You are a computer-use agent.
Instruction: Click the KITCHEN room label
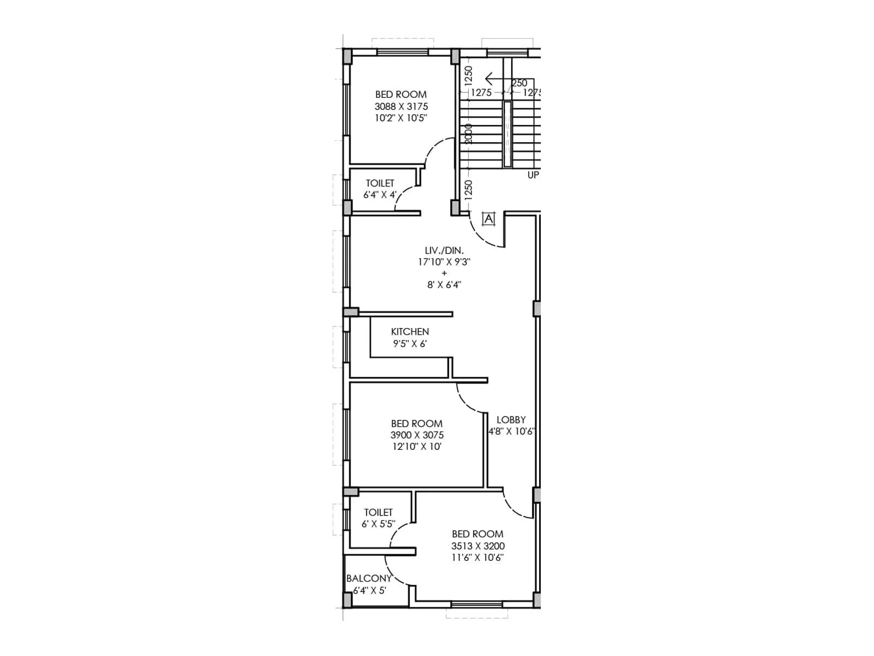(410, 332)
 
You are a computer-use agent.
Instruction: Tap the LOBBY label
(511, 420)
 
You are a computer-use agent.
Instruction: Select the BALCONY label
(369, 578)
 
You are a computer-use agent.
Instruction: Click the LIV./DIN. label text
(444, 250)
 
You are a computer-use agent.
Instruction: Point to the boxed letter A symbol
(488, 219)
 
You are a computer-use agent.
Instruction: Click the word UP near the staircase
(533, 175)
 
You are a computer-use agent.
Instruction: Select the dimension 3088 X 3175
(401, 107)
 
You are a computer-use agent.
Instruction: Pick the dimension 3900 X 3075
(417, 435)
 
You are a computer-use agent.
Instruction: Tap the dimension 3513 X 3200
(477, 546)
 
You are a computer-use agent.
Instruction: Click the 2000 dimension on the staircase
(468, 134)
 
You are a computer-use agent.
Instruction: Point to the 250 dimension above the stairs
(519, 83)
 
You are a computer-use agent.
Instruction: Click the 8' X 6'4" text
(444, 284)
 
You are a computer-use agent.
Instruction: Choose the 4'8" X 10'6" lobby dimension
(511, 431)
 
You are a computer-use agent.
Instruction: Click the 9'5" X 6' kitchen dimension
(410, 344)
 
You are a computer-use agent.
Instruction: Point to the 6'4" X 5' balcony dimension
(369, 590)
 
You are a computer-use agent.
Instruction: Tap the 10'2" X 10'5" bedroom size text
(401, 118)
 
